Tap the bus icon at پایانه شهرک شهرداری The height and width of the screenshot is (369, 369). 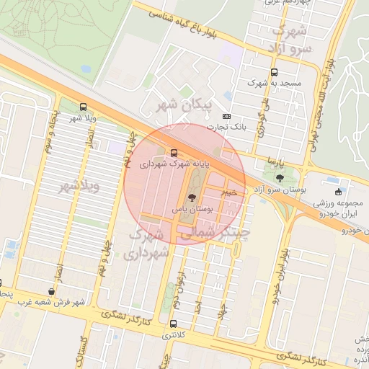tap(174, 153)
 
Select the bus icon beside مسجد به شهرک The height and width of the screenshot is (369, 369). tap(274, 72)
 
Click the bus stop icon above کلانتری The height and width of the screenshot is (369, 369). tap(173, 324)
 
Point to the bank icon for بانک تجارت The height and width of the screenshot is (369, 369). tap(227, 116)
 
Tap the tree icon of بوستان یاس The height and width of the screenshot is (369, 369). tap(191, 197)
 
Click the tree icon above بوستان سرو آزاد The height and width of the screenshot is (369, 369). tap(280, 178)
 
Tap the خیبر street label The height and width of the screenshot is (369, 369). tap(228, 192)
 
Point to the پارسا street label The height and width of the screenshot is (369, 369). tap(271, 159)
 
